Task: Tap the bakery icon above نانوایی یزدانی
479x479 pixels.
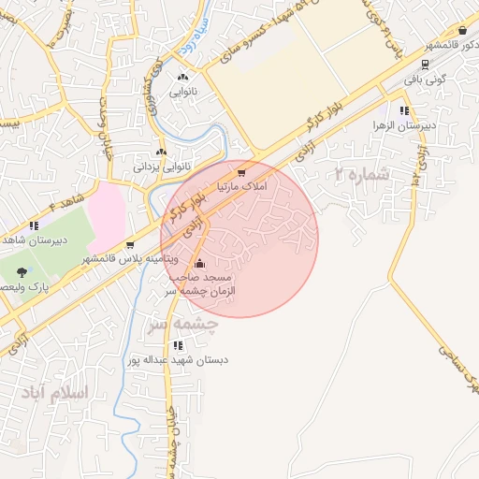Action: point(162,152)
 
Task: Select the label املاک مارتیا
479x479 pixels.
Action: point(241,187)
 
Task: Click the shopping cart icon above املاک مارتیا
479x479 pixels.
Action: point(241,173)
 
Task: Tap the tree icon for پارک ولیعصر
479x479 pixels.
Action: point(22,271)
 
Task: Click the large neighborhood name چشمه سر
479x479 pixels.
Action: point(182,324)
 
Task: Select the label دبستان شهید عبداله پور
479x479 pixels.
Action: point(179,359)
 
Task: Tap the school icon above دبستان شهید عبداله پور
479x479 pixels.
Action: point(178,345)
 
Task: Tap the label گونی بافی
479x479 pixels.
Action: point(427,80)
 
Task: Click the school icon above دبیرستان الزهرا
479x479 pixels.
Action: point(403,110)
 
